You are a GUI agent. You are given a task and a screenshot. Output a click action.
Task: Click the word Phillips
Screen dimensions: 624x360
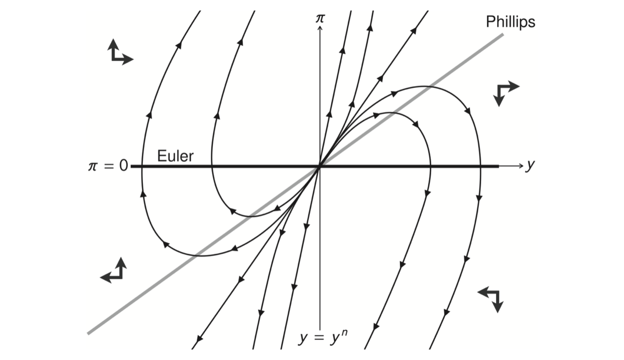pyautogui.click(x=510, y=22)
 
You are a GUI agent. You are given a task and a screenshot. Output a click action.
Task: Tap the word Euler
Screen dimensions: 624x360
pyautogui.click(x=175, y=156)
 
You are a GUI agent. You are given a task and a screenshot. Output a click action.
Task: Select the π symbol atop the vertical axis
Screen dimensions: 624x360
pyautogui.click(x=320, y=18)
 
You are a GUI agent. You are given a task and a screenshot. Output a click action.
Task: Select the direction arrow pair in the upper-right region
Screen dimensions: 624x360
pyautogui.click(x=505, y=92)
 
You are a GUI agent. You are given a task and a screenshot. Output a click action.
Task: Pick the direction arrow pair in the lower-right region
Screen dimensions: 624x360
pyautogui.click(x=491, y=298)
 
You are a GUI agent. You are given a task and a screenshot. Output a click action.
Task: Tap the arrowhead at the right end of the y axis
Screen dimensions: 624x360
pyautogui.click(x=521, y=166)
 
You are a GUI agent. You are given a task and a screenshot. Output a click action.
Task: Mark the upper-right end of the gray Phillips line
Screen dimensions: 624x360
pyautogui.click(x=502, y=34)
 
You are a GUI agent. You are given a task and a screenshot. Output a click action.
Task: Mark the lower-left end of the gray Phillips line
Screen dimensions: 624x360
pyautogui.click(x=89, y=333)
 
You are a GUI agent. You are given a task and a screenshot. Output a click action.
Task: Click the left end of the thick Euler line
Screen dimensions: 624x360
pyautogui.click(x=132, y=166)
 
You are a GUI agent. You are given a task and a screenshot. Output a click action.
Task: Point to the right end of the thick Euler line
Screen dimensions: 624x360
pyautogui.click(x=498, y=166)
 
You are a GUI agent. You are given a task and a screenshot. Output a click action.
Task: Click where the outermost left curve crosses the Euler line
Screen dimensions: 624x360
pyautogui.click(x=142, y=166)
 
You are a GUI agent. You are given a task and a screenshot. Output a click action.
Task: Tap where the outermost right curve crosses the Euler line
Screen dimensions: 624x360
pyautogui.click(x=481, y=166)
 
